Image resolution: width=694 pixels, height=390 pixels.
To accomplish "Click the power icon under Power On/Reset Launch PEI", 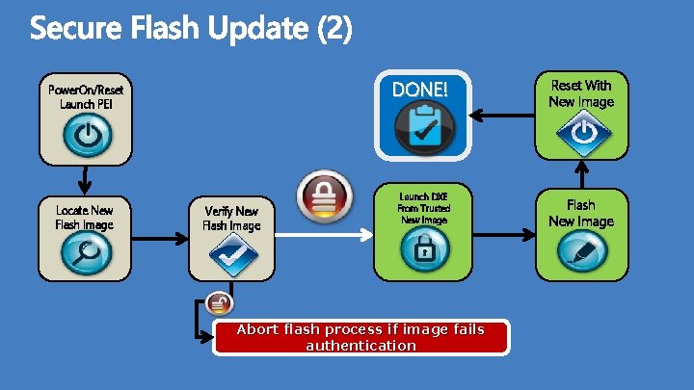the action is (87, 136).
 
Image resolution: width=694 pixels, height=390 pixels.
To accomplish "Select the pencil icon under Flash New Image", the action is (582, 252).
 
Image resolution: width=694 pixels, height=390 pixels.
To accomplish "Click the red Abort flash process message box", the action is (361, 337).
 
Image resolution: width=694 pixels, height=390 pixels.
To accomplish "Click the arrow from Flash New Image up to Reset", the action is (582, 173).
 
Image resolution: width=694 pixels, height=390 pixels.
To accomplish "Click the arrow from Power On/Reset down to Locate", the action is (85, 178).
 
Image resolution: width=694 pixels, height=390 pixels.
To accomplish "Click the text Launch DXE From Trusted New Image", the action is (424, 208).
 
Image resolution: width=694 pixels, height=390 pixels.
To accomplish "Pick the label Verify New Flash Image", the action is (231, 218).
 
